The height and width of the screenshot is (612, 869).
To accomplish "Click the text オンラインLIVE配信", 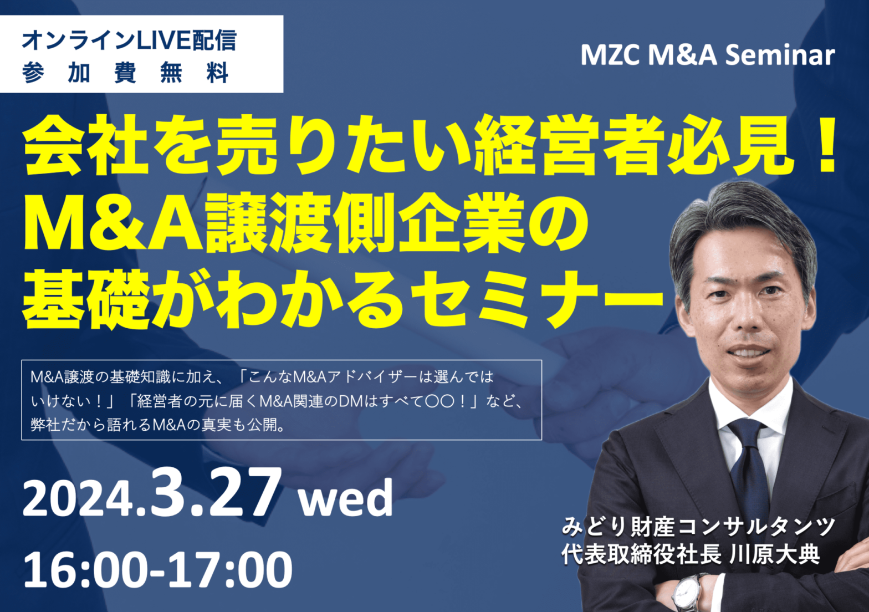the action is point(129,40).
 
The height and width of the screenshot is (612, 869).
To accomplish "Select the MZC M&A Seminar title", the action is point(708,55).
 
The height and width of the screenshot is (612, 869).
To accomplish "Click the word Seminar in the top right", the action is point(780,55).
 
